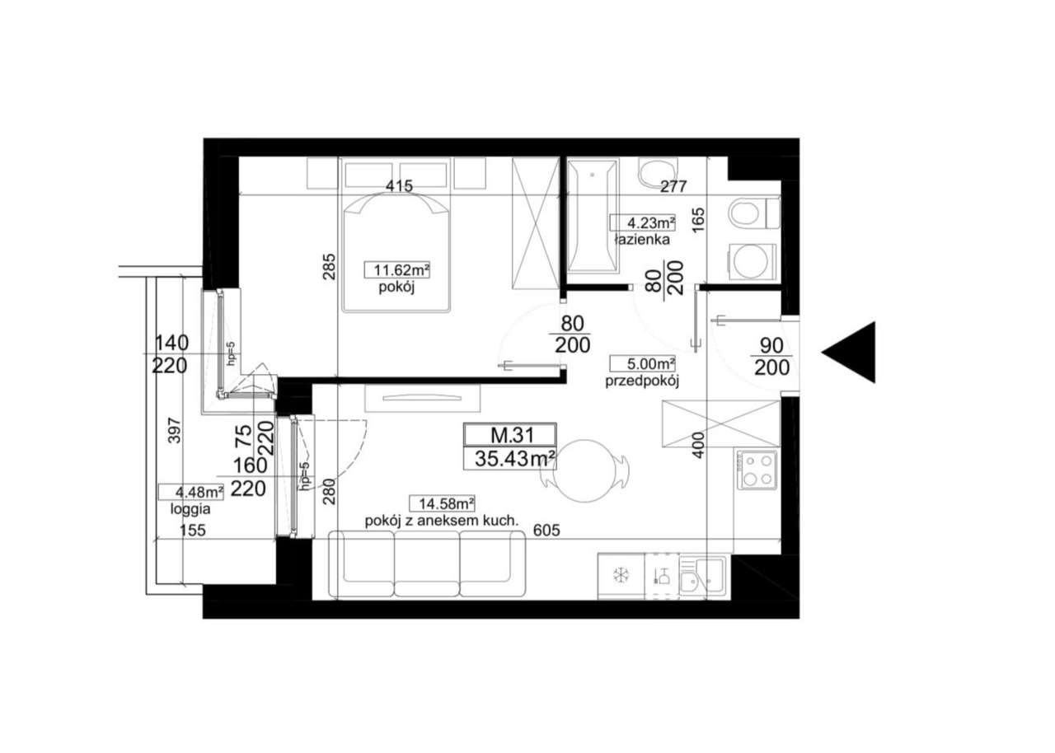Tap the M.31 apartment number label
510,434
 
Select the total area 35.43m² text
510,458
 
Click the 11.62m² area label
399,269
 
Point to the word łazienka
643,241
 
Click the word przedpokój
640,381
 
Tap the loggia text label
190,508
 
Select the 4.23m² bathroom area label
643,222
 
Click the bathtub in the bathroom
592,216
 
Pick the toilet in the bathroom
753,213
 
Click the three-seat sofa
427,563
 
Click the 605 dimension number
546,531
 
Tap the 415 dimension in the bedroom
399,187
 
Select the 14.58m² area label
446,503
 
